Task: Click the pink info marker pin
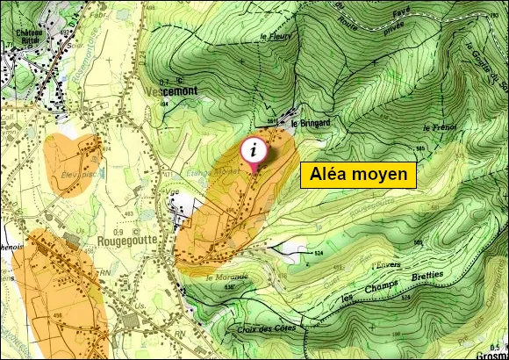tap(254, 149)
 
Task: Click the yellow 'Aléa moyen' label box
tap(357, 175)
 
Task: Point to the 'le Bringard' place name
tap(310, 123)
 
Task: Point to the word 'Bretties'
tap(426, 275)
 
